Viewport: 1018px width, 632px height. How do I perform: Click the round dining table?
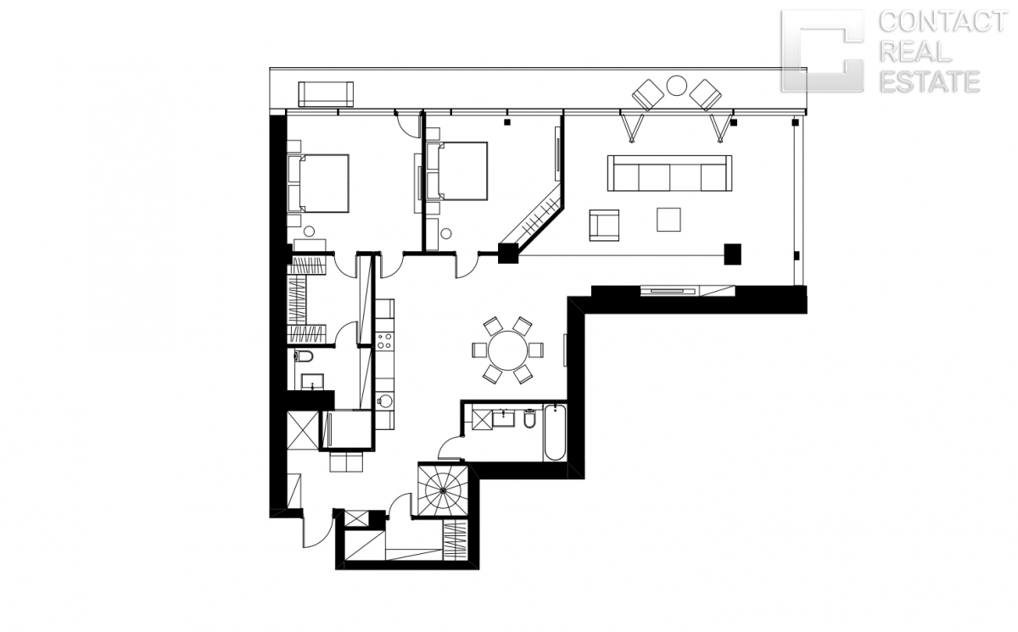[507, 350]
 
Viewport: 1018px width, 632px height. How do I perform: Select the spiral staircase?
[443, 489]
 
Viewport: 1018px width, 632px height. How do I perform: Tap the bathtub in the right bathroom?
[555, 432]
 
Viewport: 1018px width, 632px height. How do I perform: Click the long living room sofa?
[669, 173]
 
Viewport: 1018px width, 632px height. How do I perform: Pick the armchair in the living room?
[604, 225]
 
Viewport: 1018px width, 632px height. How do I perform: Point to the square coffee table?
[668, 220]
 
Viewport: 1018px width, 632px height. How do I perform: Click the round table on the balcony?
[676, 86]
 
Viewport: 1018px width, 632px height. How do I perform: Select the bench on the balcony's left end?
[326, 94]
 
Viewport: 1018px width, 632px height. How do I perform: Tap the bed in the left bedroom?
[319, 183]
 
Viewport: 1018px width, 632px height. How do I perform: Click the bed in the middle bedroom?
[457, 171]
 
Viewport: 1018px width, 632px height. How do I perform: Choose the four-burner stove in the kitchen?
[384, 341]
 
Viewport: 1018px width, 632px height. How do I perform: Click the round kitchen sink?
[385, 400]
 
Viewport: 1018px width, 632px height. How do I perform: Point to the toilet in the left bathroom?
[304, 355]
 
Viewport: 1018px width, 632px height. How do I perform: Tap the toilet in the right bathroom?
[529, 419]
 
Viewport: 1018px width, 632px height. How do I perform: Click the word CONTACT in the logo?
[943, 22]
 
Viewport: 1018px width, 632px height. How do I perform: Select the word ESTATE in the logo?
[930, 81]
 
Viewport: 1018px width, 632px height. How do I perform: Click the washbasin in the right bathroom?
[504, 418]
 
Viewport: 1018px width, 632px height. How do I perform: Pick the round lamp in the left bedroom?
[309, 232]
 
